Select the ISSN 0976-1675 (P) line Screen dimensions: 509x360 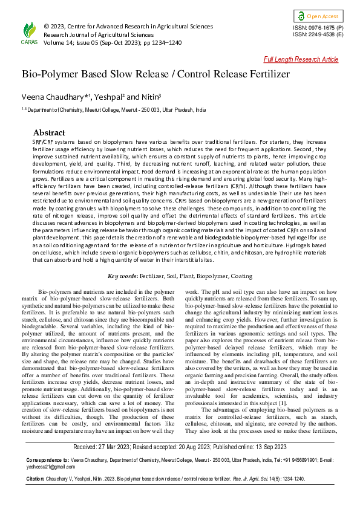pos(318,28)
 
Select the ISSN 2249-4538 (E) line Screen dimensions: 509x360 pos(318,35)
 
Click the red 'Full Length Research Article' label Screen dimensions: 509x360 pos(301,59)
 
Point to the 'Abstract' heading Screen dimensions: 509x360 pos(49,132)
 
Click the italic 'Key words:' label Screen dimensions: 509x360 pos(123,276)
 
